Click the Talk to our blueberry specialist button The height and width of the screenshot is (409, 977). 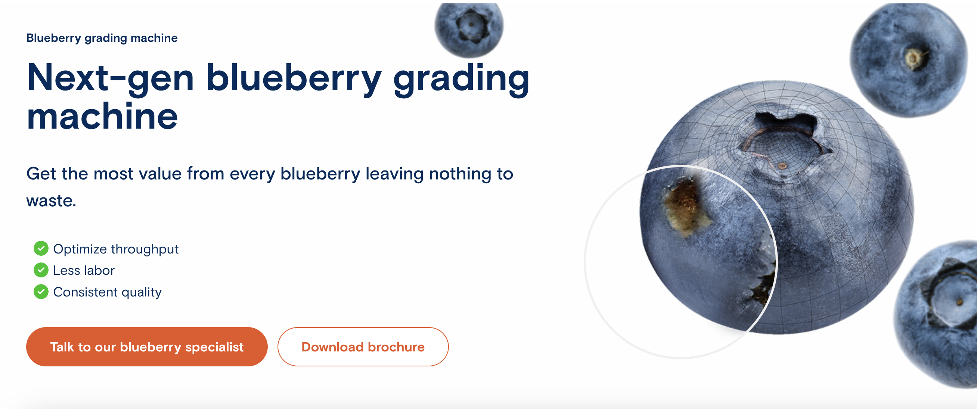coord(146,347)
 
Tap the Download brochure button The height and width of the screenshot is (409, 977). coord(363,347)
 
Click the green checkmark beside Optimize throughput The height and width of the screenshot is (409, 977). coord(41,249)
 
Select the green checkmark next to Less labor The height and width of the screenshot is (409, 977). coord(41,270)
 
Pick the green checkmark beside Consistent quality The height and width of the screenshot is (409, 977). coord(41,292)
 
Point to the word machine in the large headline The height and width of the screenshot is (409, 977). coord(102,117)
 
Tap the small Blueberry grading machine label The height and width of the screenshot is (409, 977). coord(102,38)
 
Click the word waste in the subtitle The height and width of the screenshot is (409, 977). coord(50,201)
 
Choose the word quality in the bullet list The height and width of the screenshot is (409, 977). coord(142,292)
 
